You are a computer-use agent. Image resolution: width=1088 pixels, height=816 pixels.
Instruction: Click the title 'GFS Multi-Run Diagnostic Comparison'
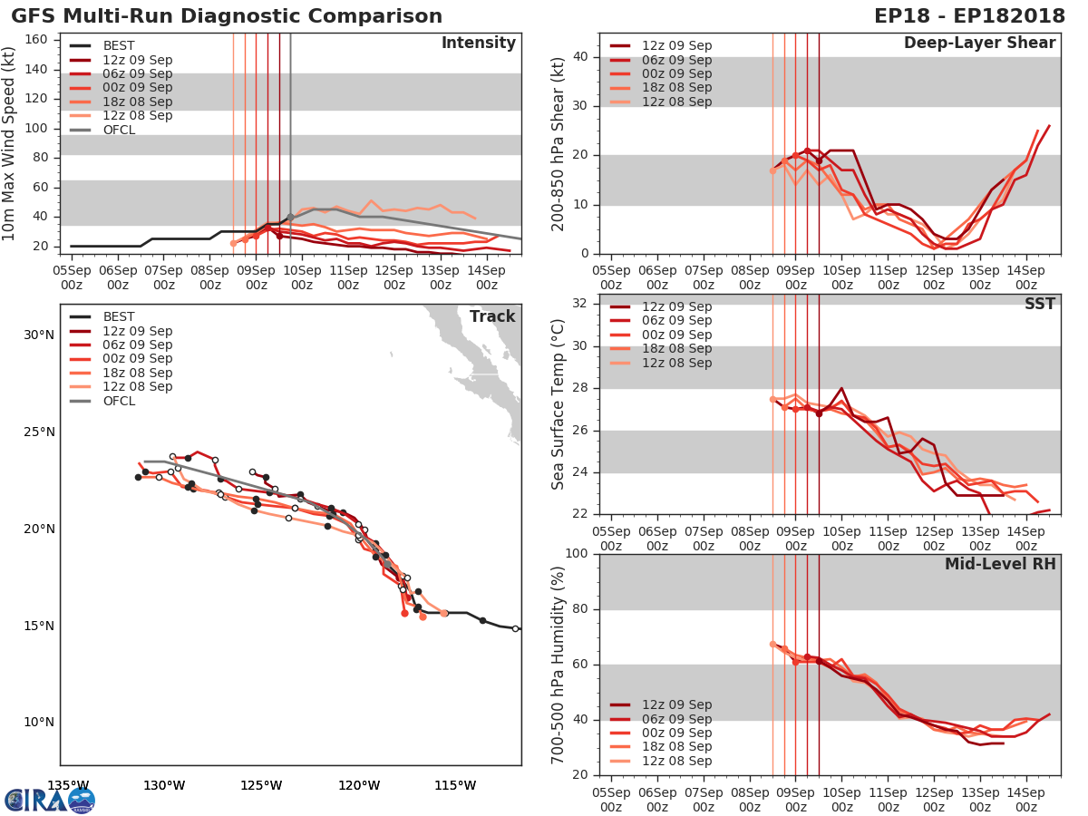point(227,16)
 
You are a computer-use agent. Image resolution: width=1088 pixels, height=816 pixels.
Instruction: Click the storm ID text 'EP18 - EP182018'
point(969,16)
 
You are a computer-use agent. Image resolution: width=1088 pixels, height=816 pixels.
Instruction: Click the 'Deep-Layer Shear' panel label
point(979,44)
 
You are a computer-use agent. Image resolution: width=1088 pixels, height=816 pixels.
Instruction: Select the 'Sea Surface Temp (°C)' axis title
point(559,403)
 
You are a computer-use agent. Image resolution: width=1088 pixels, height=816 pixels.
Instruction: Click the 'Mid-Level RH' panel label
point(999,565)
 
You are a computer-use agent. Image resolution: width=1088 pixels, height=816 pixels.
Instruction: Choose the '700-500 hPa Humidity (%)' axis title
point(559,664)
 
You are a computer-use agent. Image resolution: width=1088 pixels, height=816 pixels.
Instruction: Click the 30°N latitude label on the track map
point(38,335)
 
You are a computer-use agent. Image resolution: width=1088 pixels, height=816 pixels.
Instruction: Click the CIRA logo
point(49,800)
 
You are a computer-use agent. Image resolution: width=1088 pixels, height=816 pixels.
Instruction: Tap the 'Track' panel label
point(492,316)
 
